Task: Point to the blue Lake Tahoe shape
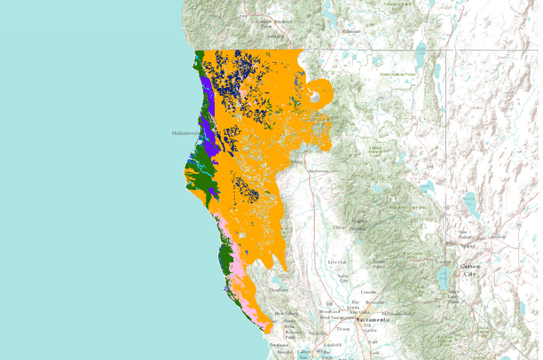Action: pyautogui.click(x=442, y=278)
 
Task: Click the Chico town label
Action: pyautogui.click(x=336, y=226)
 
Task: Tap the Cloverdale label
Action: pyautogui.click(x=279, y=289)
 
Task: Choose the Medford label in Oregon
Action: pyautogui.click(x=283, y=20)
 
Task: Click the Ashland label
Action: pyautogui.click(x=287, y=35)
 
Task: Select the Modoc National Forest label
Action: pyautogui.click(x=397, y=74)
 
